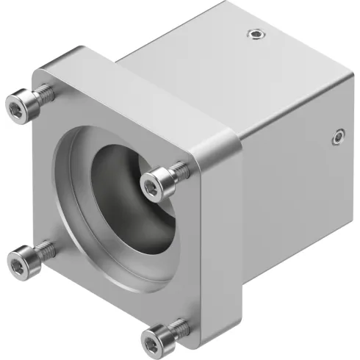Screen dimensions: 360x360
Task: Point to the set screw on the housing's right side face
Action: (337, 135)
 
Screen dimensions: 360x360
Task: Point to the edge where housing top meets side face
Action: (294, 81)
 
